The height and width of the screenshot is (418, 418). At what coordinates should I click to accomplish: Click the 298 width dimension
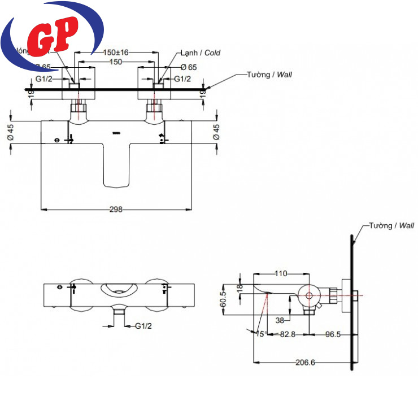[116, 209]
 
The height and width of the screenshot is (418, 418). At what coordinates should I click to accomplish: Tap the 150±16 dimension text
[116, 53]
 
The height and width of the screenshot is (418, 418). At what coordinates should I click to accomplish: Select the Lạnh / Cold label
[200, 53]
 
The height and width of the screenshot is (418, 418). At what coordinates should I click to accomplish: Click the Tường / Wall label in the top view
[269, 75]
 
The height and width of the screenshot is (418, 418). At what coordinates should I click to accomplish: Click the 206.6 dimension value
[305, 362]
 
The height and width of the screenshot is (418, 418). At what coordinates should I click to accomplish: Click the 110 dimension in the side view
[280, 274]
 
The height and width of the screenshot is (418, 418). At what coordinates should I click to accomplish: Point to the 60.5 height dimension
[223, 298]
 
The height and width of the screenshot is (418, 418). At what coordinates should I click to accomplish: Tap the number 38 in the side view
[280, 319]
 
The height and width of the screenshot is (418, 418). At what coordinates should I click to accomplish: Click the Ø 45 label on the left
[10, 132]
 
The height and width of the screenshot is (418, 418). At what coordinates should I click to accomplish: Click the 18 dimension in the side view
[239, 288]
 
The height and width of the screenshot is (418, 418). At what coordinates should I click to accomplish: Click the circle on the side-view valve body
[309, 295]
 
